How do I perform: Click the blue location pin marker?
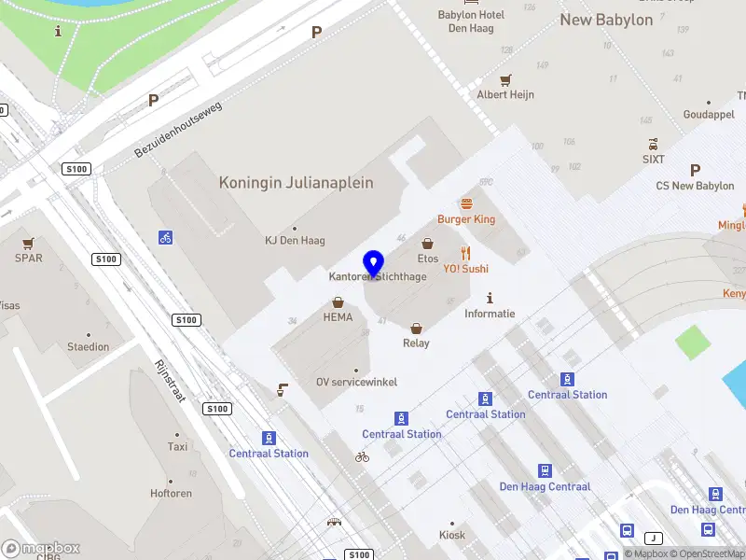point(374,263)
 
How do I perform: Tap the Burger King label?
point(466,219)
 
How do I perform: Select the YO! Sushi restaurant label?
point(465,269)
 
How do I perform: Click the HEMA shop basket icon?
point(338,302)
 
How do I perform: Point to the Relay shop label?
point(416,343)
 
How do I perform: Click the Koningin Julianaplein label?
point(296,183)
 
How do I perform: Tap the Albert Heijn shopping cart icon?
point(505,80)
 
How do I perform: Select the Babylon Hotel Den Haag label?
point(471,21)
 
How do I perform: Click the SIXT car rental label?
point(654,161)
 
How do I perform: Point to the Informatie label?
point(490,314)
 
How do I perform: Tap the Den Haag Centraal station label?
point(545,487)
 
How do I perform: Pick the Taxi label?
point(177,447)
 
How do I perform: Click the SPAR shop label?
point(29,259)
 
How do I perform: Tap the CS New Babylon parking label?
point(695,186)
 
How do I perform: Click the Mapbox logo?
point(41,549)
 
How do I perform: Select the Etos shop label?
point(428,259)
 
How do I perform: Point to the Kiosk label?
point(452,536)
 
